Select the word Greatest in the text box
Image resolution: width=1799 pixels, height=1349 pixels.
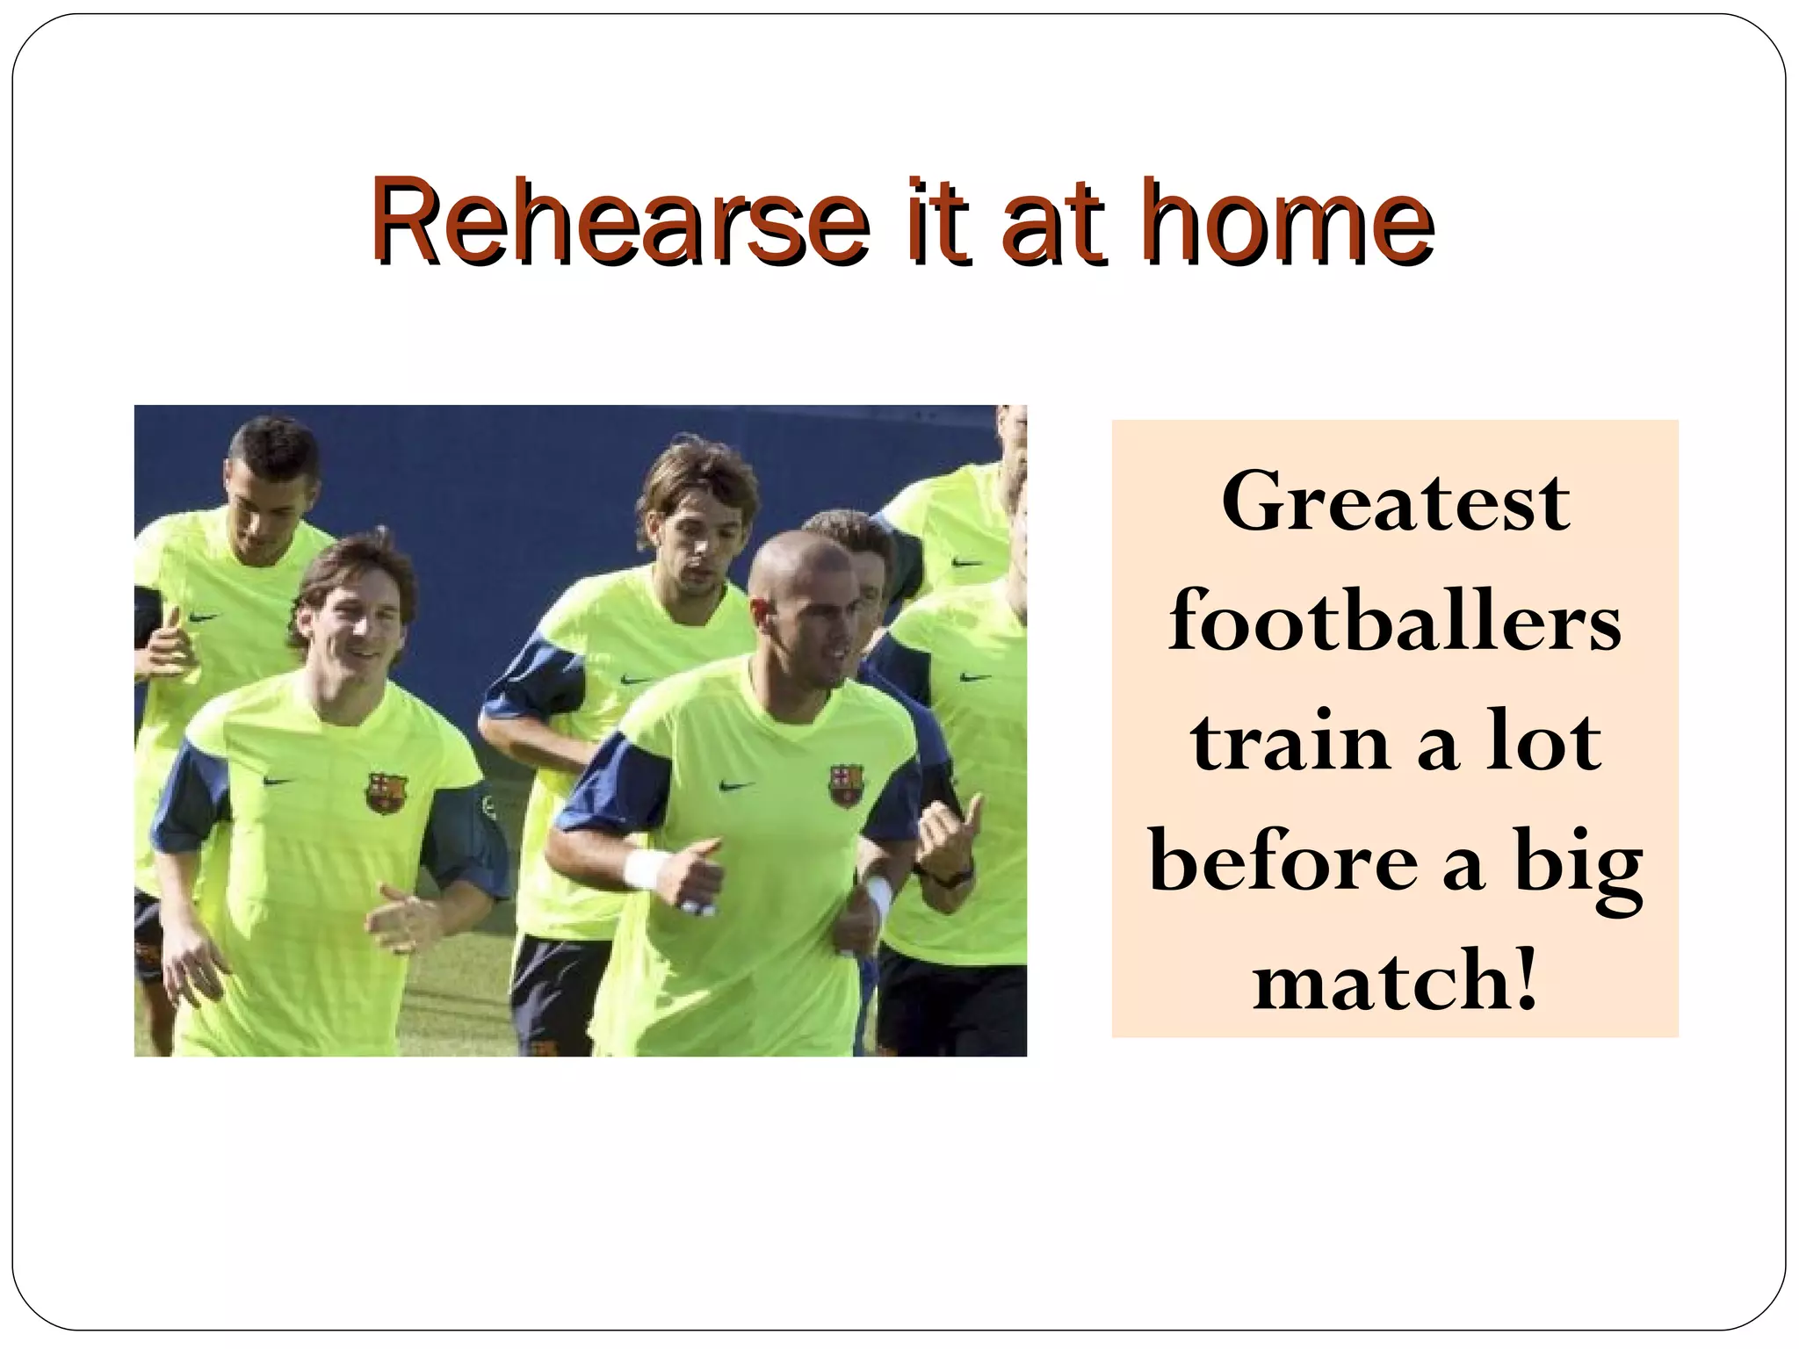(1395, 502)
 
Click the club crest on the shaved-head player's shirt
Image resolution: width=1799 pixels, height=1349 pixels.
(846, 783)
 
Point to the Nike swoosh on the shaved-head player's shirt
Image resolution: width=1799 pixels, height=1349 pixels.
(737, 785)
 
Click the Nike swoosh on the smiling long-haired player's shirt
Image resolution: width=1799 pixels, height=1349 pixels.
(278, 781)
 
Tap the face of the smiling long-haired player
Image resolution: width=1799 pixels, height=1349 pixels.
(356, 628)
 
